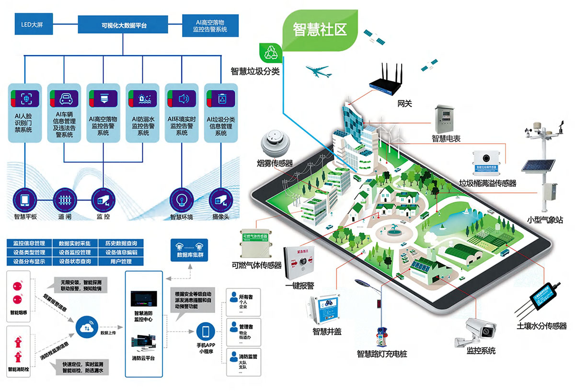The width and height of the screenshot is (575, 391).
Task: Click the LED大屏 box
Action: click(32, 23)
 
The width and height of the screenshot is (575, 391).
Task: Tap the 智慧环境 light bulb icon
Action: click(182, 198)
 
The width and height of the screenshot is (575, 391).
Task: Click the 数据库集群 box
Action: click(190, 249)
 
